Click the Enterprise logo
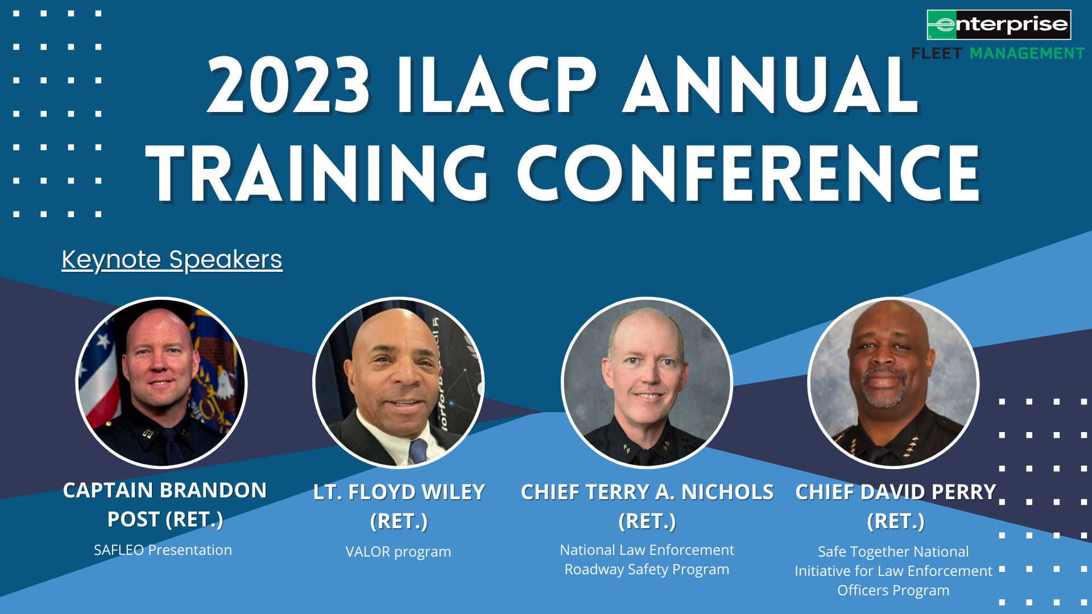[999, 24]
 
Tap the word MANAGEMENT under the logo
[1027, 53]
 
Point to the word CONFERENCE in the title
[749, 173]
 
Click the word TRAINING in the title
[317, 173]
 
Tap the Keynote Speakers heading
[172, 260]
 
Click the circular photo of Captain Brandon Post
[162, 383]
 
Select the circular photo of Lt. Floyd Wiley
[398, 383]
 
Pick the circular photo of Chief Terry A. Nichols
[647, 383]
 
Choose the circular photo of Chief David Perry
[893, 383]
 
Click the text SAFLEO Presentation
[163, 550]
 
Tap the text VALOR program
[398, 551]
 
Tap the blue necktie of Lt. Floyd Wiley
[418, 450]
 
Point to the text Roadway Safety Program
[647, 569]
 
